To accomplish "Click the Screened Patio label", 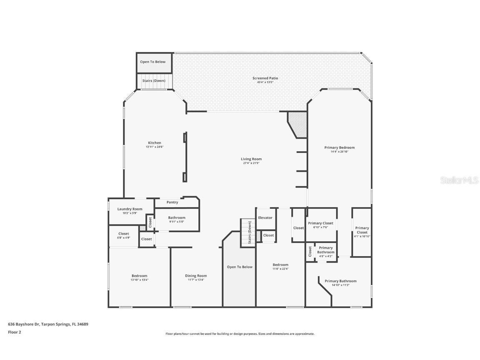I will point(265,78).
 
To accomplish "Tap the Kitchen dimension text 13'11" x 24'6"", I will point(154,147).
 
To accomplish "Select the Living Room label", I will point(251,159).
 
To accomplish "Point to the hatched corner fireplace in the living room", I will point(298,123).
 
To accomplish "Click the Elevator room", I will point(265,218).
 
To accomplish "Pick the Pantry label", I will point(172,202).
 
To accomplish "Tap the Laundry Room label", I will point(130,209).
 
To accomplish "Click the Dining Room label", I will point(196,276).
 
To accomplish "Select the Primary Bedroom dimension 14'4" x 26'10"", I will point(339,152).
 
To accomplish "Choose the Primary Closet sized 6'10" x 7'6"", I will point(321,225).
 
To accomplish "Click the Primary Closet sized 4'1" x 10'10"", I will point(362,232).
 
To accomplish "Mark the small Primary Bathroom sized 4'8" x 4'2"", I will point(325,252).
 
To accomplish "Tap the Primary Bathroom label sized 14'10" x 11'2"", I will point(340,281).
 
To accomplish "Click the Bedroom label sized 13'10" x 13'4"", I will point(139,276).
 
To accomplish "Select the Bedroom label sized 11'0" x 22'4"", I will point(280,265).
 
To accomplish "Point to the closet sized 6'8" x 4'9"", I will point(123,235).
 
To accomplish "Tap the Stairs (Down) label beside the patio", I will point(154,80).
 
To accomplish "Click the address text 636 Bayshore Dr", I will point(24,324).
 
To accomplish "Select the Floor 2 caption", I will point(14,332).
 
